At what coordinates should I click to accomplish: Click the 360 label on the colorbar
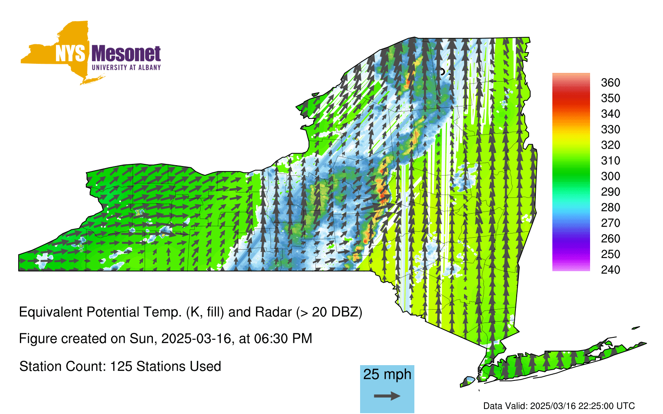(x=610, y=82)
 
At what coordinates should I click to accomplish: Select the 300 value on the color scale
(x=610, y=176)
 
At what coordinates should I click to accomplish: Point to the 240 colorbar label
(x=610, y=270)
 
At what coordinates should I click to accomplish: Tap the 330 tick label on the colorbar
(x=610, y=130)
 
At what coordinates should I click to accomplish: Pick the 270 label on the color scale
(x=610, y=223)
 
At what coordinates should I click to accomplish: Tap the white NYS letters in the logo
(x=70, y=53)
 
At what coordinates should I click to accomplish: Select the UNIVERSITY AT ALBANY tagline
(x=126, y=67)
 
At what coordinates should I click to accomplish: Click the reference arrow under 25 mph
(x=387, y=396)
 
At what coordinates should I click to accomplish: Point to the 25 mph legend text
(x=387, y=374)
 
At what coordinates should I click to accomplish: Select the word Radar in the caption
(x=273, y=312)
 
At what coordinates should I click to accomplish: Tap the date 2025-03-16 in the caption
(x=196, y=339)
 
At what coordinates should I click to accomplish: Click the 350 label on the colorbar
(x=610, y=98)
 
